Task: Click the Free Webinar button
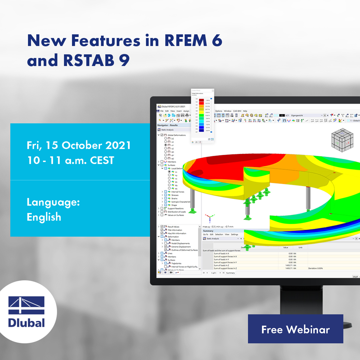pos(295,329)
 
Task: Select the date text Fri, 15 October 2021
pos(79,145)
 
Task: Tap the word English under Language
pos(44,217)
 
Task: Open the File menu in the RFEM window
pos(162,111)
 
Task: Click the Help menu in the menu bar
pos(245,111)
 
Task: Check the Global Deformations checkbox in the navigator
pos(162,135)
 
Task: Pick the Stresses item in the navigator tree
pos(175,195)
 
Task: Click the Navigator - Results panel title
pos(168,125)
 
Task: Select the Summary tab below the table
pos(231,273)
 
